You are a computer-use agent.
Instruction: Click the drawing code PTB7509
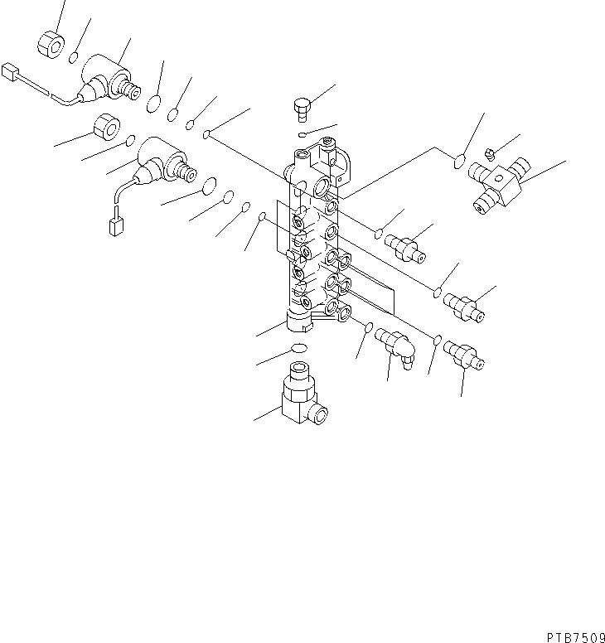coord(576,637)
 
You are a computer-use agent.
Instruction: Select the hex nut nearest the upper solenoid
coord(51,44)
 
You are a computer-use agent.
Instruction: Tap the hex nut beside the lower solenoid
coord(107,127)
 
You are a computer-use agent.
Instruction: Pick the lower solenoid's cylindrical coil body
coord(160,157)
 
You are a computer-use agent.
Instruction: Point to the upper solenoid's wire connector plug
coord(10,72)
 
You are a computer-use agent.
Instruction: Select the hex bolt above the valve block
coord(302,109)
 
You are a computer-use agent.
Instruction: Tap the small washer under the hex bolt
coord(302,134)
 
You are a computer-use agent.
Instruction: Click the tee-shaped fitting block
coord(501,186)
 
